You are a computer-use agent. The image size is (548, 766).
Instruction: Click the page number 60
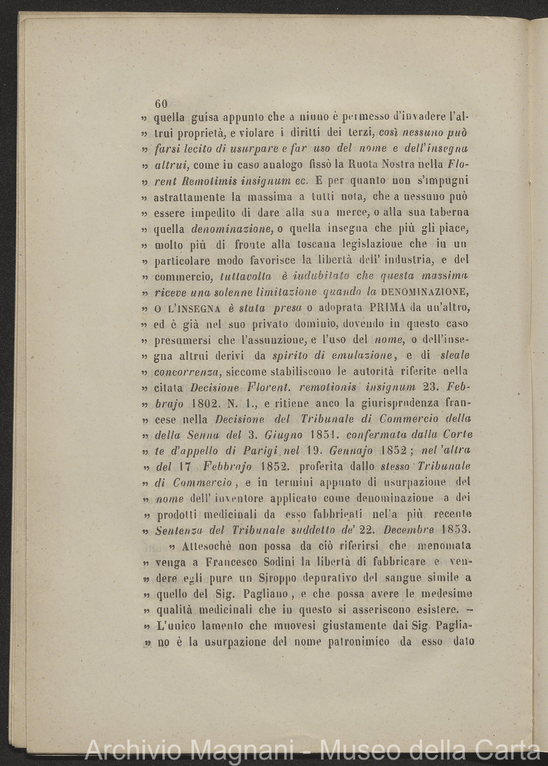[161, 104]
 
